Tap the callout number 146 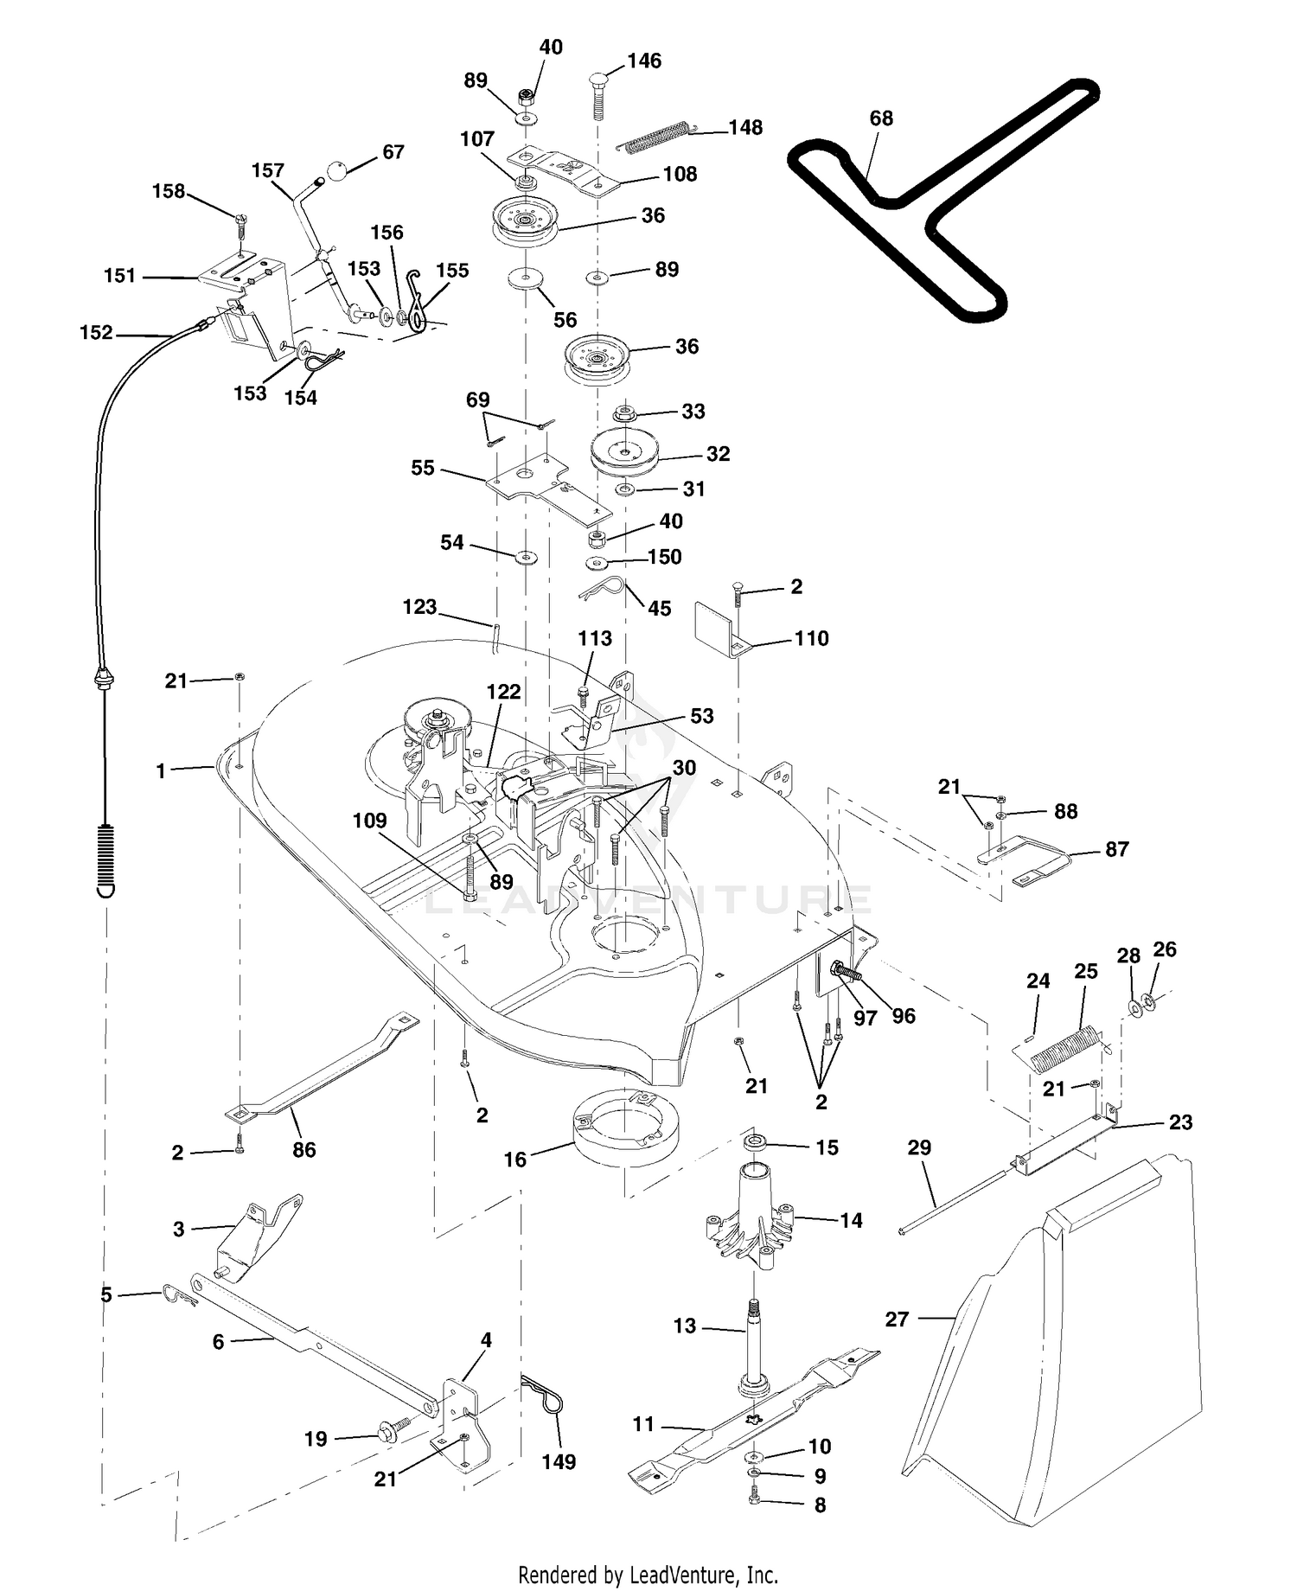[x=644, y=61]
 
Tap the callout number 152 [x=96, y=333]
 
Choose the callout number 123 [x=419, y=607]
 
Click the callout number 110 [x=811, y=638]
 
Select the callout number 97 [x=866, y=1018]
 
